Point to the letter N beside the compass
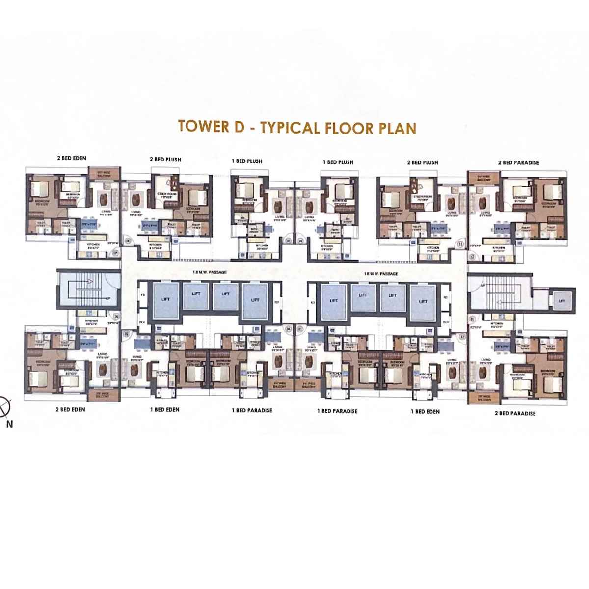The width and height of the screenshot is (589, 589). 9,425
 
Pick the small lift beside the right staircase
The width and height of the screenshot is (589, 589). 561,299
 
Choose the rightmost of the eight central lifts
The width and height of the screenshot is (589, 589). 423,300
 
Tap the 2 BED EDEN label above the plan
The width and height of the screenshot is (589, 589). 72,158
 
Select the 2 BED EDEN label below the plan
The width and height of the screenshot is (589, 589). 71,409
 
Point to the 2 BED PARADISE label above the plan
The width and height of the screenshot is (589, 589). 518,162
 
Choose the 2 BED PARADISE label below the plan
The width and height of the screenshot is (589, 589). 515,413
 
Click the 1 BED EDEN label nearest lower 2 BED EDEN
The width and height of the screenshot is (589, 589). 164,409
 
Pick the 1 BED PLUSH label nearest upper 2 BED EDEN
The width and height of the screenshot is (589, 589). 247,161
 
